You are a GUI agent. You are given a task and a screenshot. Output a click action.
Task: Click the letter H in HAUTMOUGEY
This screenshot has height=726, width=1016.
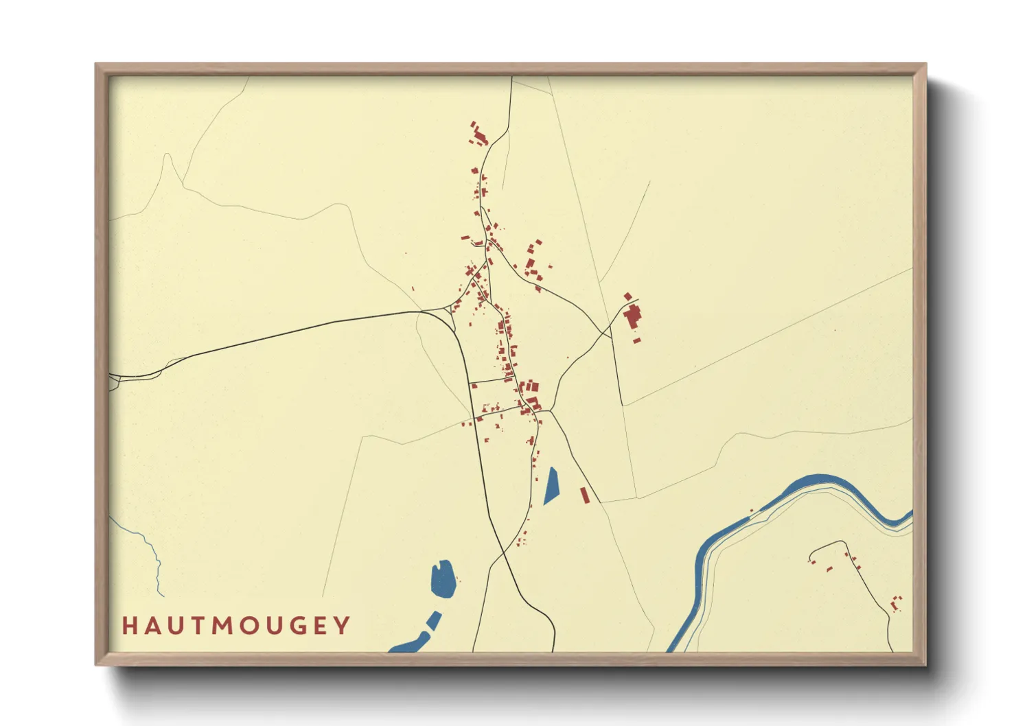[x=128, y=626]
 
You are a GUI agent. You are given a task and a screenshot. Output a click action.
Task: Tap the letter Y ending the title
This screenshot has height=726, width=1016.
[x=343, y=626]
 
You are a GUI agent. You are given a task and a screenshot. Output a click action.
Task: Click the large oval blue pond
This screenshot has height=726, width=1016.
[x=443, y=578]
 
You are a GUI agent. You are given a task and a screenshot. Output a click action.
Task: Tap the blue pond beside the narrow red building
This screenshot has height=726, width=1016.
[x=552, y=485]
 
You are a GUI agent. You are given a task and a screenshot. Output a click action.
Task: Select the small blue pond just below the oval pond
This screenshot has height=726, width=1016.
[x=434, y=620]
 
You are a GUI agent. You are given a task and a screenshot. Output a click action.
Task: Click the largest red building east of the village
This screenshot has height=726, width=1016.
[x=632, y=316]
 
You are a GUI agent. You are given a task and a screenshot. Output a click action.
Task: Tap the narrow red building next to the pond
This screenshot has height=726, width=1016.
[x=585, y=495]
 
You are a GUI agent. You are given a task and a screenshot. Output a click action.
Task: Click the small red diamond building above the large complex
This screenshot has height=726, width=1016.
[x=627, y=296]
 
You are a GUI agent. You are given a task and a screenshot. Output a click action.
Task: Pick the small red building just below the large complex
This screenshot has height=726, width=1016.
[x=636, y=340]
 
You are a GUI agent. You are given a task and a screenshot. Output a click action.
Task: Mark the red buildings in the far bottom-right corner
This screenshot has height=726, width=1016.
[x=895, y=604]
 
